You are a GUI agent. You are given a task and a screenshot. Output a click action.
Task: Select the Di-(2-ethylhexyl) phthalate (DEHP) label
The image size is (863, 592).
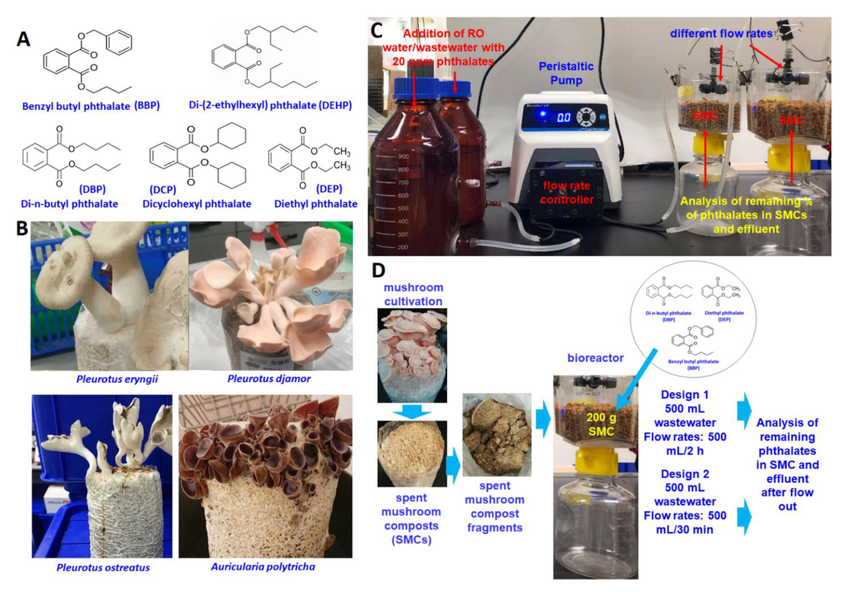pyautogui.click(x=270, y=105)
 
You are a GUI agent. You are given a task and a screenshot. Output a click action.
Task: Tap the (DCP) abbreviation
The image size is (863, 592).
pyautogui.click(x=163, y=190)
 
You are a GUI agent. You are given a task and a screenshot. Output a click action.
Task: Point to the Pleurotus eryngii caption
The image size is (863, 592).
pyautogui.click(x=117, y=379)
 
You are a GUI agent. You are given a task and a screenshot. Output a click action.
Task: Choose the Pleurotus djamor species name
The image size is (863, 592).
pyautogui.click(x=269, y=378)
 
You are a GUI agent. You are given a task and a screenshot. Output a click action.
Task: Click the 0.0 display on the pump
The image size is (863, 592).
pyautogui.click(x=563, y=118)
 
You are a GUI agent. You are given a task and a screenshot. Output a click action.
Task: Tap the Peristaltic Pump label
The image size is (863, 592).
pyautogui.click(x=566, y=73)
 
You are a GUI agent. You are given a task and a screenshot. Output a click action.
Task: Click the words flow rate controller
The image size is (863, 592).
pyautogui.click(x=567, y=193)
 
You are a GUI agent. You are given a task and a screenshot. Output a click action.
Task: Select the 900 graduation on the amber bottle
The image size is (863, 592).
pyautogui.click(x=403, y=156)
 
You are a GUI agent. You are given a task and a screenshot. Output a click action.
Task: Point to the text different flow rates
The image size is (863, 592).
pyautogui.click(x=721, y=34)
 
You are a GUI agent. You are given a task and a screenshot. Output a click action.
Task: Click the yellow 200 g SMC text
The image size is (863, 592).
pyautogui.click(x=601, y=425)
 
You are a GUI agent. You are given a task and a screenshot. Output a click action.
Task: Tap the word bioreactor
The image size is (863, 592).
pyautogui.click(x=595, y=358)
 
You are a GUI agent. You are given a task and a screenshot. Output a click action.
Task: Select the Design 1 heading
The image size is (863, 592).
pyautogui.click(x=685, y=395)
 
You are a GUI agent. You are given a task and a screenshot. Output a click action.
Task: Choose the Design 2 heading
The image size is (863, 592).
pyautogui.click(x=685, y=474)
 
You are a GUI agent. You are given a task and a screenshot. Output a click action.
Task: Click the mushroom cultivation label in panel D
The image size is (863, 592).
pyautogui.click(x=413, y=294)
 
